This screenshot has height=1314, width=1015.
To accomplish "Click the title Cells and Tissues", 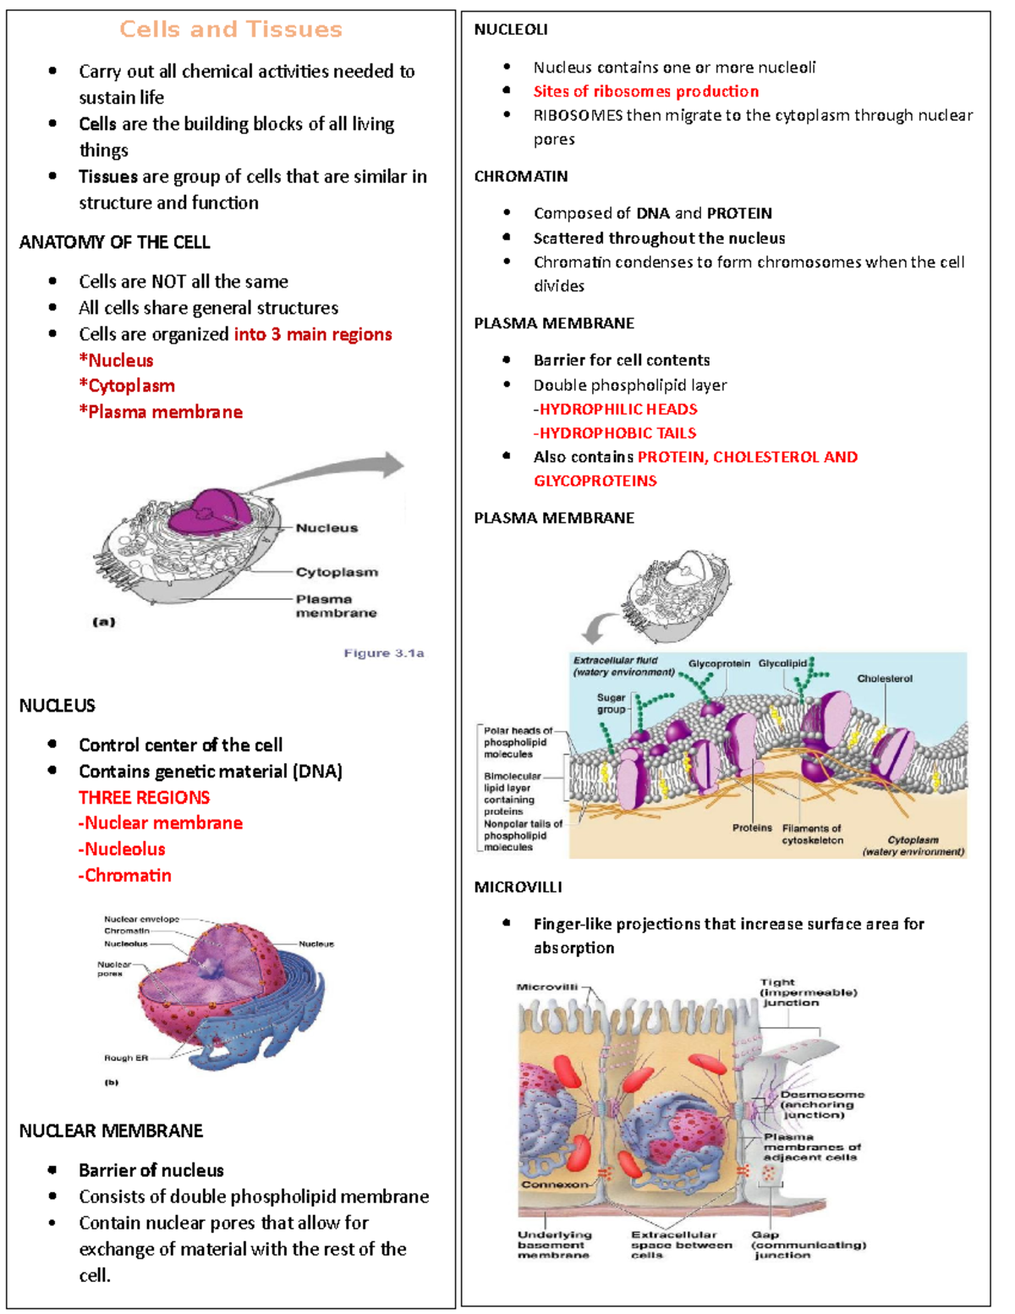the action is click(230, 30).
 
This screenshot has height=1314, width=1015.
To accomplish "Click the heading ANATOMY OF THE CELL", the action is click(114, 242).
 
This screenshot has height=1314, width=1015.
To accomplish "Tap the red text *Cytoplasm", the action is click(127, 386).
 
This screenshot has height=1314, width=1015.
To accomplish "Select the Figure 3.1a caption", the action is click(383, 653).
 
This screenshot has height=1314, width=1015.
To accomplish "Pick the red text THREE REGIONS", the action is click(144, 797).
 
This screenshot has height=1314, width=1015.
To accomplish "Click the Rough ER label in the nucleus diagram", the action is click(125, 1058).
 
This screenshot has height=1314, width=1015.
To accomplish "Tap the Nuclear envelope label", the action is click(141, 919).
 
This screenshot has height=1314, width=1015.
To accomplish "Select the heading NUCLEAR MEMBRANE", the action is click(111, 1131).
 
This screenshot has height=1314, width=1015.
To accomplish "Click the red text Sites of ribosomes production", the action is click(645, 91).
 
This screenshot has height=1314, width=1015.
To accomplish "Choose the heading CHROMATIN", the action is click(520, 177).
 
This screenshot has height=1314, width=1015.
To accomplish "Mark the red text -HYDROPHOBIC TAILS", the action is click(615, 433).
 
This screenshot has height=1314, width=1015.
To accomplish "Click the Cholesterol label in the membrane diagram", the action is click(884, 679).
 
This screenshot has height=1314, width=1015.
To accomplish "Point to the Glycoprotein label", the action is click(718, 664).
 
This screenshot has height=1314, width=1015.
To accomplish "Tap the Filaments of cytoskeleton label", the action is click(812, 834).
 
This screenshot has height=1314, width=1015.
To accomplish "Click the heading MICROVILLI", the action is click(518, 888).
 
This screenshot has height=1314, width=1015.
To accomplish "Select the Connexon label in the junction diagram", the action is click(554, 1184).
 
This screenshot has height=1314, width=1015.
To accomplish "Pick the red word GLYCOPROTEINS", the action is click(595, 481).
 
